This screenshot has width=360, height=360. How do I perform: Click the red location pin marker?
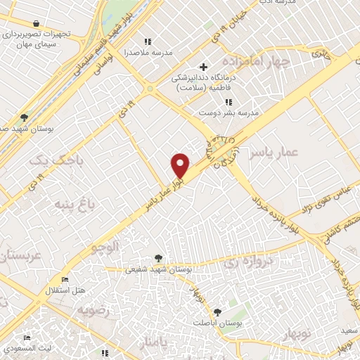(181, 165)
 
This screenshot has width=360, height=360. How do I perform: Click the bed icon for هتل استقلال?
(65, 279)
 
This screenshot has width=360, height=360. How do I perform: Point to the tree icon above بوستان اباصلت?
(217, 311)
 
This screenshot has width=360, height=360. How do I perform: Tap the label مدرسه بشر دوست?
(229, 112)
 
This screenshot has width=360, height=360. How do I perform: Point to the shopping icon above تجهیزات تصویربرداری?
(34, 23)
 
